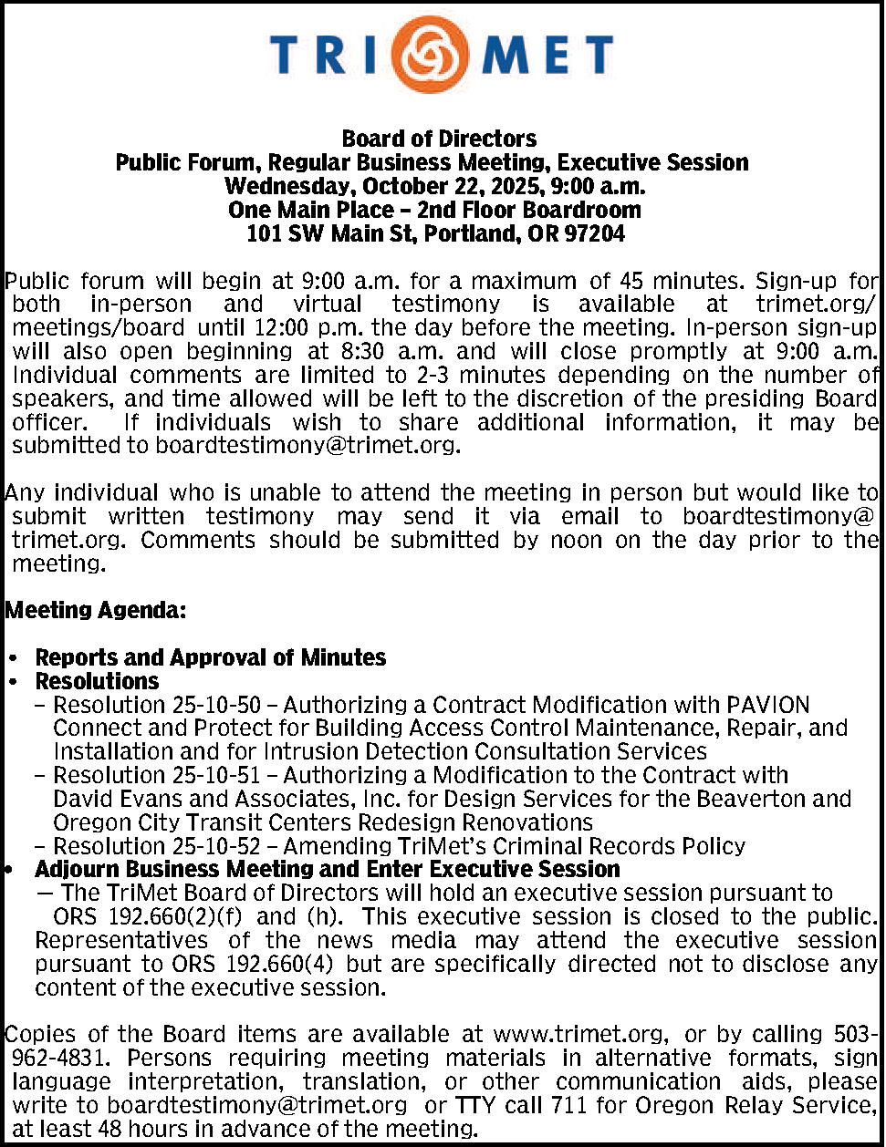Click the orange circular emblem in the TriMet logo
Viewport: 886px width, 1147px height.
(443, 54)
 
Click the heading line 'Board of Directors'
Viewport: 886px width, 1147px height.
(439, 139)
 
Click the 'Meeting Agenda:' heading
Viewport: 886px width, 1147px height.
(96, 610)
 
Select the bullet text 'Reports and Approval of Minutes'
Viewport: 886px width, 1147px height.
(210, 657)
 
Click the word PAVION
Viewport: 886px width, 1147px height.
(767, 705)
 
